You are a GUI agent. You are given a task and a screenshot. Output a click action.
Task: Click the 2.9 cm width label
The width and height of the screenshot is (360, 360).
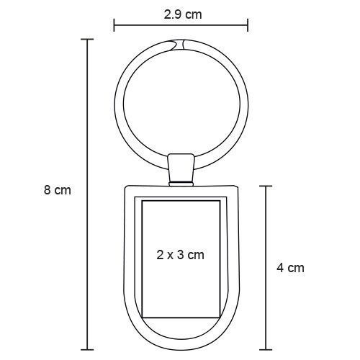pyautogui.click(x=183, y=14)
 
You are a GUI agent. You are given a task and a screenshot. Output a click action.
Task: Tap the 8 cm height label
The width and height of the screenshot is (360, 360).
pyautogui.click(x=58, y=190)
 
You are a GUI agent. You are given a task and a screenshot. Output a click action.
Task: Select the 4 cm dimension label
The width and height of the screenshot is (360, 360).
pyautogui.click(x=290, y=268)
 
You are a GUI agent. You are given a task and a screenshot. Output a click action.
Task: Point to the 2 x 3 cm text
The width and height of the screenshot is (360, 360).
pyautogui.click(x=181, y=255)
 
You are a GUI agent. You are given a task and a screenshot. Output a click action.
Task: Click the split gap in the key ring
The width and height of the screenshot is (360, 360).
pyautogui.click(x=179, y=45)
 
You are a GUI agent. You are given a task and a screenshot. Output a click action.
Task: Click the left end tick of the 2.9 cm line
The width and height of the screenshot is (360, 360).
pyautogui.click(x=114, y=24)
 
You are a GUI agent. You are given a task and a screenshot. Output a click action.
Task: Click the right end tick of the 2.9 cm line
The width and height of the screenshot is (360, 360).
pyautogui.click(x=248, y=24)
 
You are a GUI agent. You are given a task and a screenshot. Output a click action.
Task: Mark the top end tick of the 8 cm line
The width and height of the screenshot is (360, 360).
pyautogui.click(x=87, y=39)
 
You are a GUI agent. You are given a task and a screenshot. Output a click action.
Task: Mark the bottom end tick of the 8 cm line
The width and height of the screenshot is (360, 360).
pyautogui.click(x=87, y=350)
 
